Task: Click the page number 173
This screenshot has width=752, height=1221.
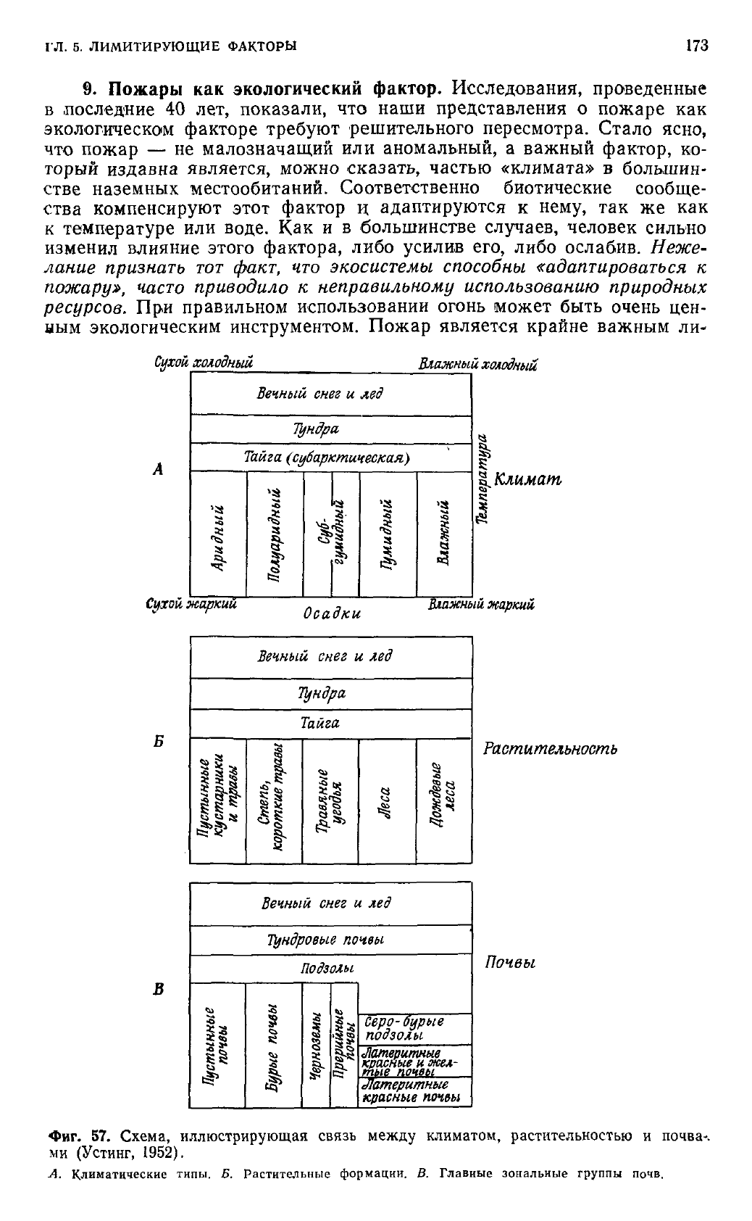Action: point(696,46)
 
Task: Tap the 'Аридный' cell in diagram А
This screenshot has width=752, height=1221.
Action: point(218,534)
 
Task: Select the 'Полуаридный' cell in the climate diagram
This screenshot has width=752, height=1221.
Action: point(275,534)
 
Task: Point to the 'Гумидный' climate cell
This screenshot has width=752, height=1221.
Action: point(388,534)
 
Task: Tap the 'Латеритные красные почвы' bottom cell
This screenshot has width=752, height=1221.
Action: point(414,1092)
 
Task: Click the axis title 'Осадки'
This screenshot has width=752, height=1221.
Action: point(331,613)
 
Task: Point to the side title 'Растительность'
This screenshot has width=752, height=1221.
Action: point(549,748)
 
